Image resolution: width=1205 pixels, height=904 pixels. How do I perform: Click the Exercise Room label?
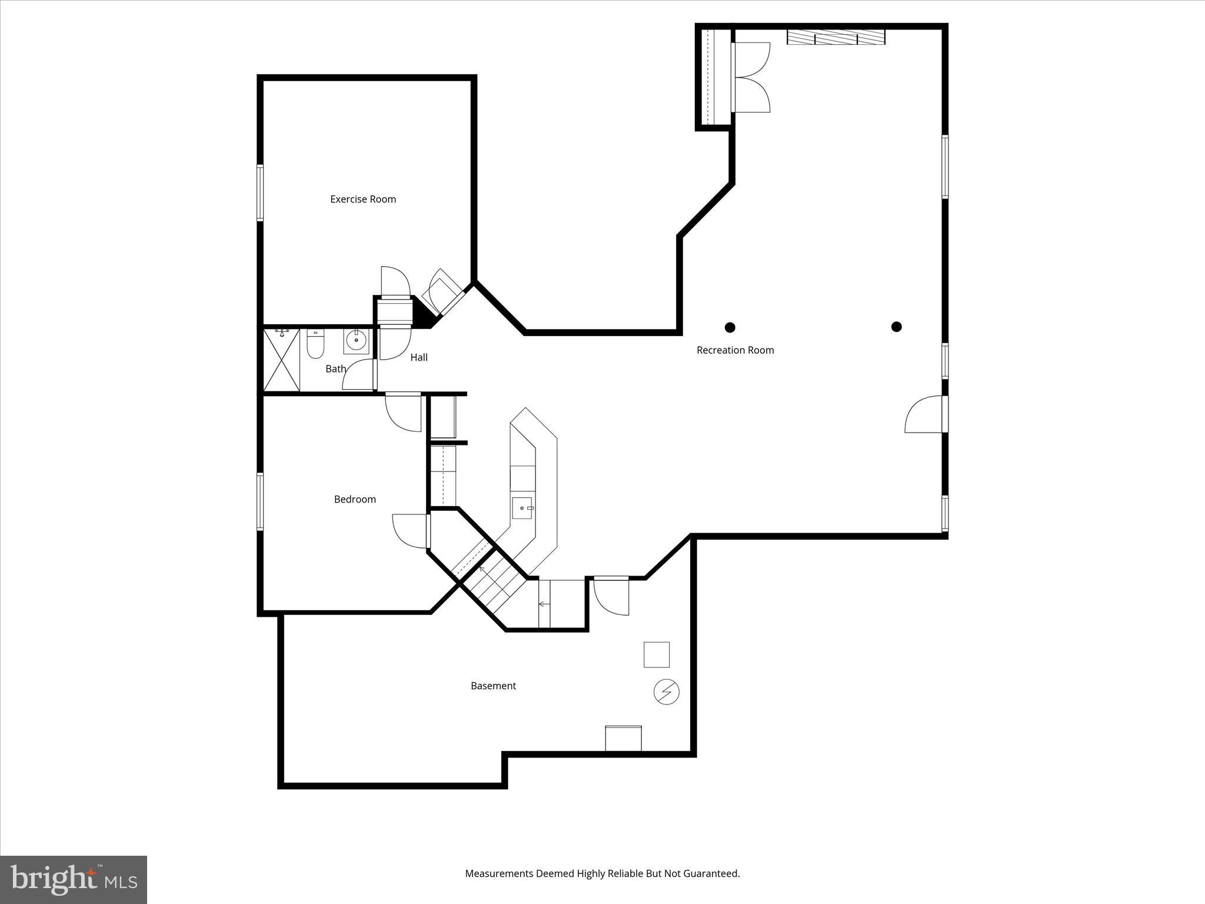(x=362, y=199)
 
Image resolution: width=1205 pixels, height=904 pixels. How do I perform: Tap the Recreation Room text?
(x=735, y=350)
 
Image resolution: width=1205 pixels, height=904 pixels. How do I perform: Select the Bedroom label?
(x=355, y=499)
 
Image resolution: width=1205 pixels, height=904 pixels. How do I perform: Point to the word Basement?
(x=493, y=686)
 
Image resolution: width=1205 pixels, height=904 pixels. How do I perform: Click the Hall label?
(x=419, y=357)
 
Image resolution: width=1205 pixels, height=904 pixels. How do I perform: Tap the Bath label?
(x=335, y=369)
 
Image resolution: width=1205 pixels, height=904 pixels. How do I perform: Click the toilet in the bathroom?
(x=315, y=344)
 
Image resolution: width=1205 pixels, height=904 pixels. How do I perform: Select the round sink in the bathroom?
(x=356, y=341)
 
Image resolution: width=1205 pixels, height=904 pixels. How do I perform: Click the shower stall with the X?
(x=282, y=360)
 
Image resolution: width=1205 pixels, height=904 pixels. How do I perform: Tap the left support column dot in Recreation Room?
(x=730, y=327)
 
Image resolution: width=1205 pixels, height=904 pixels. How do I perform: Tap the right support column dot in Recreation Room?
(x=896, y=327)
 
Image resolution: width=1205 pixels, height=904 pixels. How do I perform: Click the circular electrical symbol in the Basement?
(x=666, y=692)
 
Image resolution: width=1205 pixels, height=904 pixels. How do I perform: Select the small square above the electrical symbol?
(x=656, y=654)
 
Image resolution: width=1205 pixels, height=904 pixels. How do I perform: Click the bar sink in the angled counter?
(x=522, y=508)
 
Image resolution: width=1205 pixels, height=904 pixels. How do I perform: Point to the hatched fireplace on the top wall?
(x=836, y=37)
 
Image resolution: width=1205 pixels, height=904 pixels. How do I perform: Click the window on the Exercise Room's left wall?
(x=259, y=193)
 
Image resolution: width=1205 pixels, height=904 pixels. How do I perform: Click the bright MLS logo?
(x=74, y=879)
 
